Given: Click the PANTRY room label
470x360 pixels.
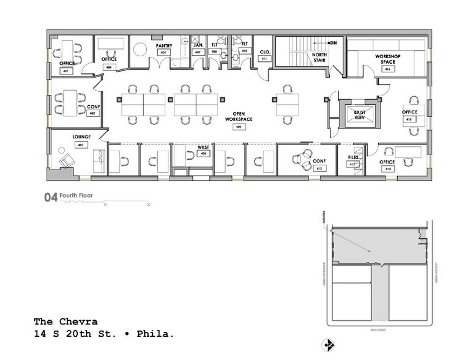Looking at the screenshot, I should [x=163, y=45].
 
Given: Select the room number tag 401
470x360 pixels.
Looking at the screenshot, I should [x=65, y=71].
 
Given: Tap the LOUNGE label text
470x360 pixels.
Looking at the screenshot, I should [x=81, y=137].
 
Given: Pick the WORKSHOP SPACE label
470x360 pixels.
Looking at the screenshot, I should [x=387, y=59].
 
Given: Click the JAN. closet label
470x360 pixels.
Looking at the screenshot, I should [x=198, y=45].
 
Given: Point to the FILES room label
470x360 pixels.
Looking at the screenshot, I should [x=353, y=157].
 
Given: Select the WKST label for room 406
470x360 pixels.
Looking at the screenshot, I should [x=203, y=148].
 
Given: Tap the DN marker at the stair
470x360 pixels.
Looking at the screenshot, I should [x=334, y=43].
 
